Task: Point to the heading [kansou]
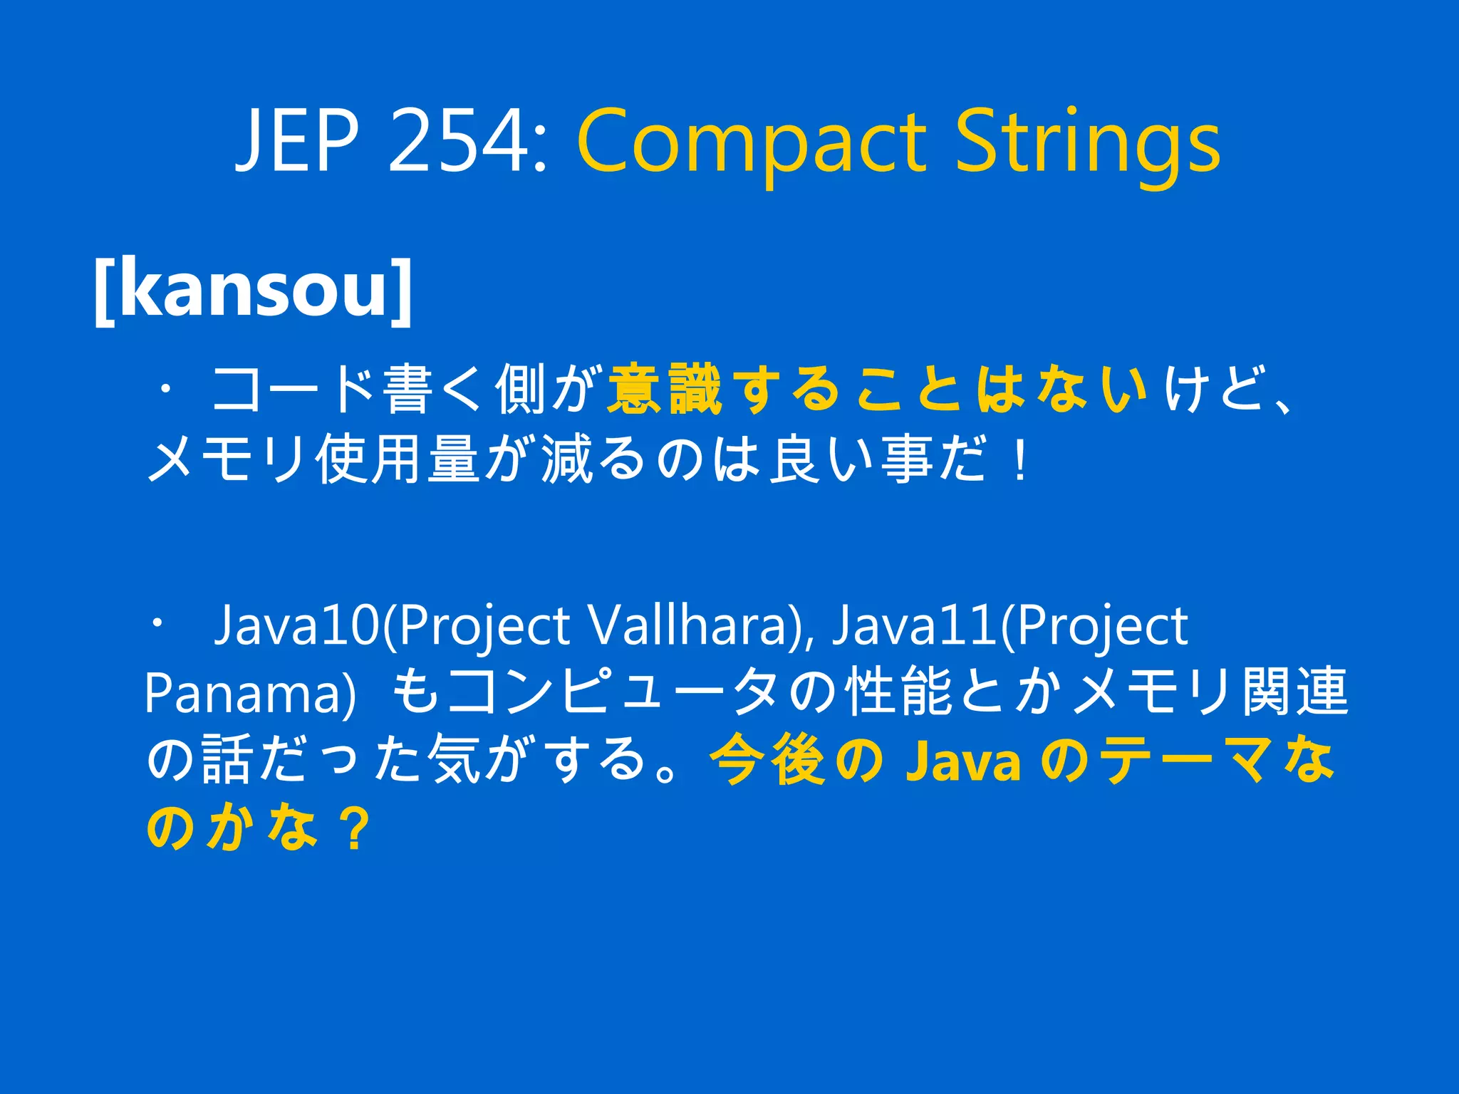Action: click(x=253, y=290)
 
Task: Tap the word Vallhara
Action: click(x=685, y=625)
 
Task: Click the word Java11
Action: click(x=914, y=625)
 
